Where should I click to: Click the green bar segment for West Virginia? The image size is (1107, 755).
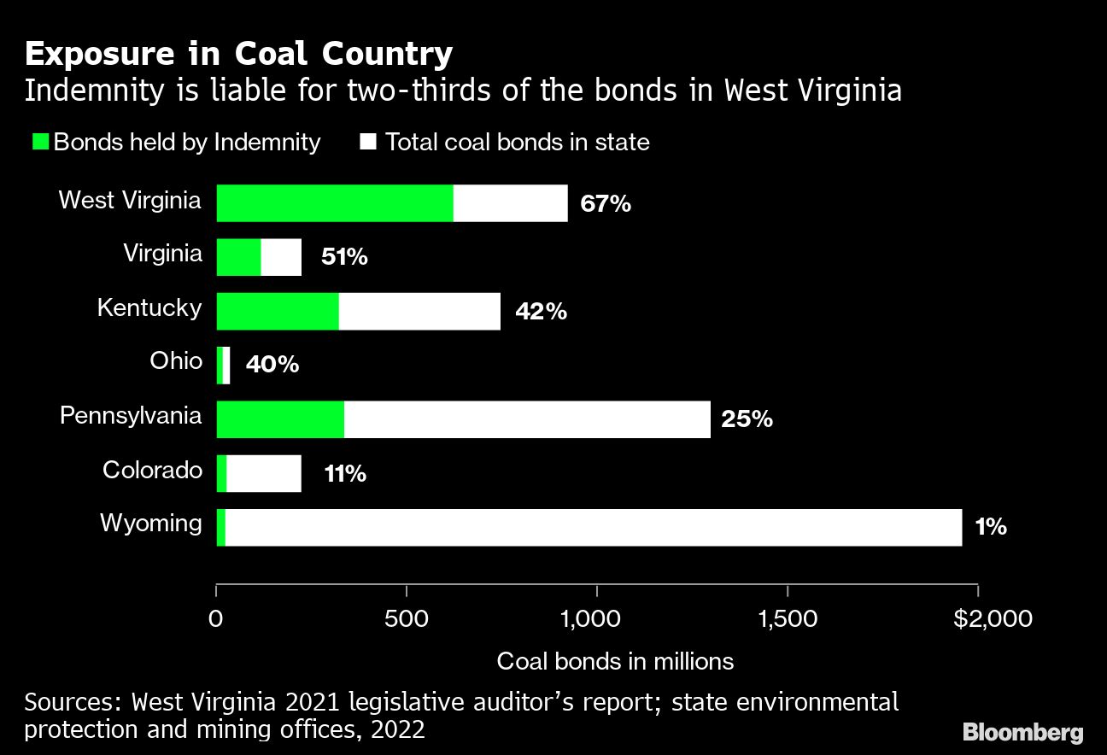[335, 203]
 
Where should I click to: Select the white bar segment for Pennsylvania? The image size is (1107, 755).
[527, 419]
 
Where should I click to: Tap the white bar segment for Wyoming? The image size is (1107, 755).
[594, 527]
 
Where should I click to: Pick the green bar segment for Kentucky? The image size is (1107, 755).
[278, 311]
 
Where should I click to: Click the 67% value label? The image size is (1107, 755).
[605, 204]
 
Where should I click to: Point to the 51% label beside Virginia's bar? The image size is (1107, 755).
[343, 257]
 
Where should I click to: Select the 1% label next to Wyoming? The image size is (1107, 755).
[991, 527]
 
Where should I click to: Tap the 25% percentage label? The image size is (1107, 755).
[747, 419]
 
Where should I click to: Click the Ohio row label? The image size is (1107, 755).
[176, 361]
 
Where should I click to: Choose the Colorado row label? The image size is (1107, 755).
[152, 470]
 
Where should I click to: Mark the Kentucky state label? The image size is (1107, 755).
[149, 307]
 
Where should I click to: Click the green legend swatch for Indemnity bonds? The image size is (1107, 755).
[41, 142]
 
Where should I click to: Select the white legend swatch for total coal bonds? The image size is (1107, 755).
[368, 142]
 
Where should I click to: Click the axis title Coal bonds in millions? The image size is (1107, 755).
[615, 661]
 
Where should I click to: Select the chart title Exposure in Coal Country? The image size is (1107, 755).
[238, 55]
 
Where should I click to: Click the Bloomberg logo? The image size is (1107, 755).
[1022, 732]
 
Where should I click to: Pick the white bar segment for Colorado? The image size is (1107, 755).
[264, 473]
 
